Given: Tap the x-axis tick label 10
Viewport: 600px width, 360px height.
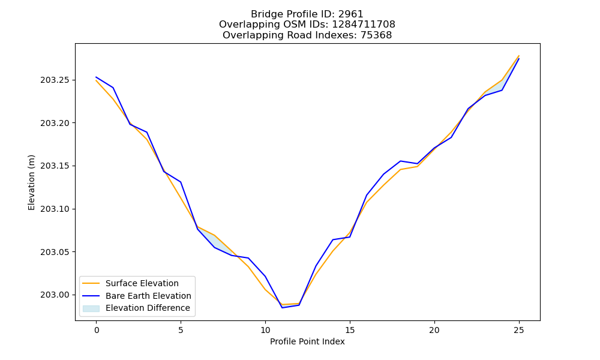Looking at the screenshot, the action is point(265,330).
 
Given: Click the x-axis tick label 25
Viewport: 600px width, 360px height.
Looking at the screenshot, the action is point(519,330).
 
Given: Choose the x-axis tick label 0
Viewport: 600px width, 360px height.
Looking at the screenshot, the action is point(97,330).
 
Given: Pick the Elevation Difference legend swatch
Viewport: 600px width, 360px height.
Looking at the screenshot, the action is point(91,308).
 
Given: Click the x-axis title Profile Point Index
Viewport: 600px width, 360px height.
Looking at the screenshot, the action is point(307,341).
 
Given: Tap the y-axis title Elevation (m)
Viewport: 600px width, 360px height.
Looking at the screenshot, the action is point(31,182).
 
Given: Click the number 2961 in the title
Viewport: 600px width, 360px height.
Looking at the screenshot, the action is point(350,14).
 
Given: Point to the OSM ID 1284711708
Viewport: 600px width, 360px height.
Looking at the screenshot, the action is point(364,25).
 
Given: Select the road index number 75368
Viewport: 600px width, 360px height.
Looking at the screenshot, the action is point(376,35).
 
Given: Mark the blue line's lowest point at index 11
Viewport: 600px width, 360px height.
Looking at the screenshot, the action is point(282,308).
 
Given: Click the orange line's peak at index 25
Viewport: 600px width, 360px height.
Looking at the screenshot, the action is point(519,56).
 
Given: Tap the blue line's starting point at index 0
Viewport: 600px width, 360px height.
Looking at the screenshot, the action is point(96,77).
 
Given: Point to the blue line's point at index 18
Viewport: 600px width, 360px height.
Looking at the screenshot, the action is point(400,161).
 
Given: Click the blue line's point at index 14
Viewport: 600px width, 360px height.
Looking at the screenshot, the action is point(333,239).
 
